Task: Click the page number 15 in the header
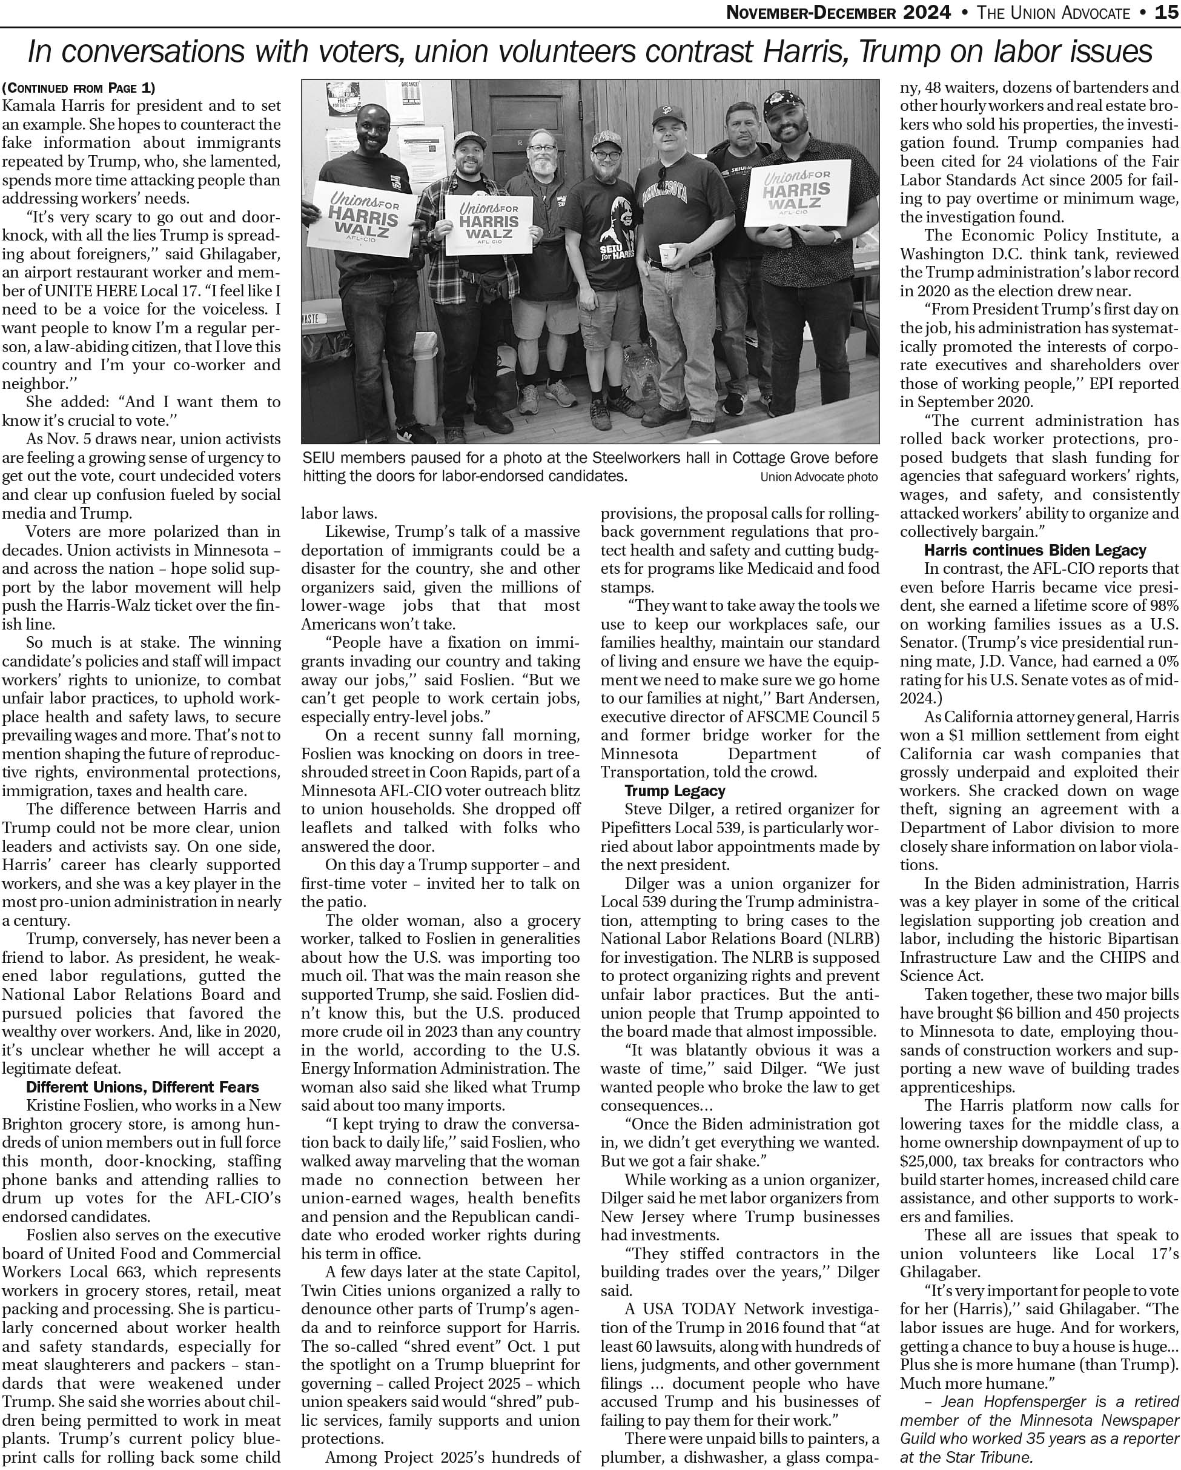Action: click(x=1166, y=12)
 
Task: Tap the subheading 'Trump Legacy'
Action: click(x=675, y=791)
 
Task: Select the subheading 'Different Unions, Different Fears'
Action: click(x=142, y=1087)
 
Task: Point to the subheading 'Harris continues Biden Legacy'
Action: click(x=1034, y=550)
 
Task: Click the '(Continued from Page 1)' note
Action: click(x=78, y=87)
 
